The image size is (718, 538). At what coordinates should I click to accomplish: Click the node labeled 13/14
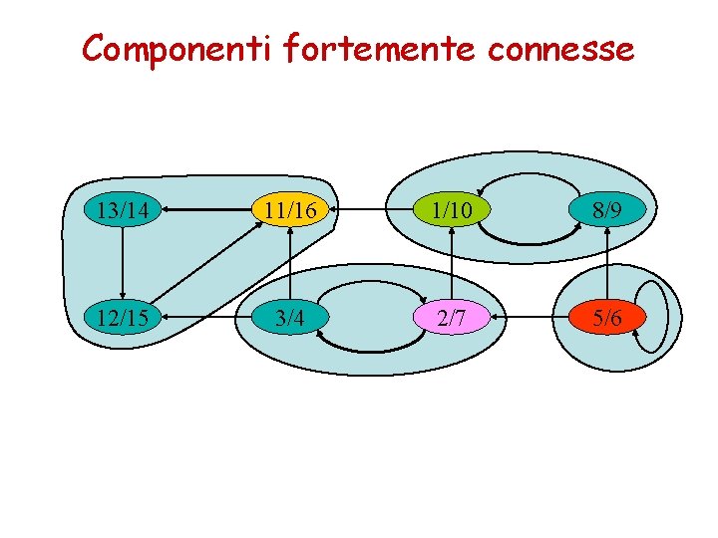[123, 210]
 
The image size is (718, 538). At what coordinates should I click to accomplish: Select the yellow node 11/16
[290, 210]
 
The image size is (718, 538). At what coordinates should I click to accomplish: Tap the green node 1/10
[453, 210]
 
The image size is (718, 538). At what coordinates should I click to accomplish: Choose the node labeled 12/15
[123, 318]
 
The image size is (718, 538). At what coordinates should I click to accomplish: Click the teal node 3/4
[290, 318]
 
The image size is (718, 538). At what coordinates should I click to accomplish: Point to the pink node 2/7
[453, 318]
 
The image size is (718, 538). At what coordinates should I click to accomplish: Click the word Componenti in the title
[174, 48]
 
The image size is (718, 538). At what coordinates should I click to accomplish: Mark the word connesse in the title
[560, 48]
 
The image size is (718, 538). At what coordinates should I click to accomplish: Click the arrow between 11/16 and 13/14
[206, 210]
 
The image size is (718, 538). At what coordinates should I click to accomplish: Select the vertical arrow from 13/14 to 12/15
[123, 264]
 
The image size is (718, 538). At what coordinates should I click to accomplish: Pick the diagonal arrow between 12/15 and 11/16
[206, 264]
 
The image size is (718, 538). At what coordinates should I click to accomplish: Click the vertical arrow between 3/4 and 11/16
[290, 264]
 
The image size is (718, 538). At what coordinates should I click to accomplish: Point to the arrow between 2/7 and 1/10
[453, 264]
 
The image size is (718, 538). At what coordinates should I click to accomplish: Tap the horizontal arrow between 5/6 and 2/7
[531, 318]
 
